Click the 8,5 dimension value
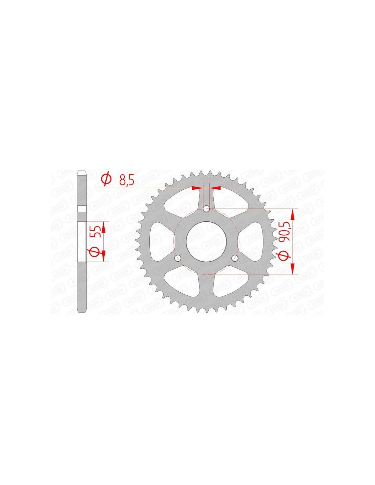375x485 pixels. click(126, 180)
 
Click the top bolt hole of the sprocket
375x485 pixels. click(206, 209)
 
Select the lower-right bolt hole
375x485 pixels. click(235, 258)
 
